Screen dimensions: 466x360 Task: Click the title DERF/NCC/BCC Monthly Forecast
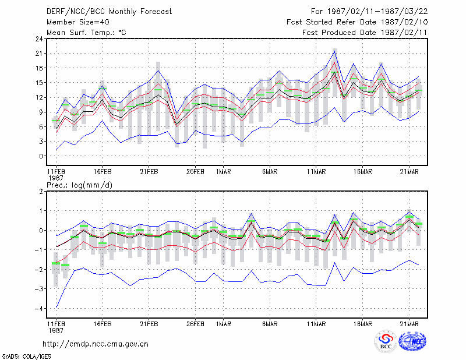pyautogui.click(x=109, y=12)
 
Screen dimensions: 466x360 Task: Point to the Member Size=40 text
pyautogui.click(x=78, y=22)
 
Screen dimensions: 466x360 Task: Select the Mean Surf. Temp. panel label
pyautogui.click(x=86, y=33)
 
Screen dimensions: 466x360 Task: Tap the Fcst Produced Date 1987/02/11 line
pyautogui.click(x=365, y=33)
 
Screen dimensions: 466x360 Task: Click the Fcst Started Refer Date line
pyautogui.click(x=357, y=22)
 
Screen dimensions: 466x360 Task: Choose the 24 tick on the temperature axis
pyautogui.click(x=39, y=38)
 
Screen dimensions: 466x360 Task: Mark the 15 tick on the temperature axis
pyautogui.click(x=39, y=83)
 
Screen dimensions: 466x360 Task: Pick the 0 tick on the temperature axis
pyautogui.click(x=41, y=156)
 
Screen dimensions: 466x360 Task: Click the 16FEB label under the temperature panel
pyautogui.click(x=103, y=172)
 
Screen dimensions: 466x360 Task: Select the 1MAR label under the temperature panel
pyautogui.click(x=224, y=172)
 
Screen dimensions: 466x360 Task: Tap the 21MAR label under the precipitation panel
pyautogui.click(x=409, y=324)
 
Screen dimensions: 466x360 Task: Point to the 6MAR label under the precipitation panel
pyautogui.click(x=270, y=324)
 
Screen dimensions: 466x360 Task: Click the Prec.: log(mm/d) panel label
pyautogui.click(x=79, y=185)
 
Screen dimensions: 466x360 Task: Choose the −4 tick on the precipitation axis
pyautogui.click(x=38, y=309)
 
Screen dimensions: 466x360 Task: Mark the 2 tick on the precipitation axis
pyautogui.click(x=41, y=192)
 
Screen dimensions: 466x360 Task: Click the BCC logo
pyautogui.click(x=386, y=341)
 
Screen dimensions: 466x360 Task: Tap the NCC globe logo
pyautogui.click(x=412, y=341)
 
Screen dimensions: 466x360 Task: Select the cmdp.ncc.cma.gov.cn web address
pyautogui.click(x=96, y=344)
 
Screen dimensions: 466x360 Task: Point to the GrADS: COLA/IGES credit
pyautogui.click(x=27, y=357)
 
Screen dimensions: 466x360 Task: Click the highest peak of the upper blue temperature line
pyautogui.click(x=334, y=51)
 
